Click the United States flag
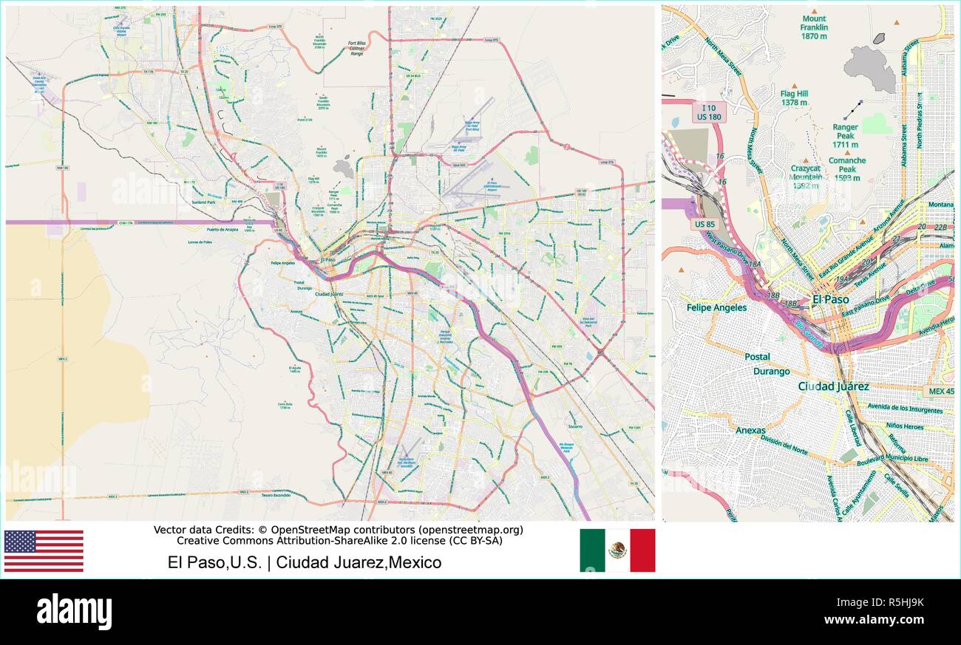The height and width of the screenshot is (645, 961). pyautogui.click(x=44, y=550)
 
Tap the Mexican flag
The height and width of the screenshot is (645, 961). pyautogui.click(x=617, y=550)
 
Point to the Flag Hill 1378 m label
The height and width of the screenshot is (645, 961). pyautogui.click(x=794, y=98)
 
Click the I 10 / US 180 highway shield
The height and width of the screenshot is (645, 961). pyautogui.click(x=710, y=112)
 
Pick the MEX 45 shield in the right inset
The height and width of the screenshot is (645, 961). pyautogui.click(x=939, y=391)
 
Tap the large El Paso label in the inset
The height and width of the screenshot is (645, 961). pyautogui.click(x=830, y=299)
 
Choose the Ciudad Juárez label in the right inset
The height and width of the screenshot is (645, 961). pyautogui.click(x=833, y=386)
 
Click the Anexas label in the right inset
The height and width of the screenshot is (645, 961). pyautogui.click(x=750, y=430)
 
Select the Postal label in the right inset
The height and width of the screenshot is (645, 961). pyautogui.click(x=757, y=357)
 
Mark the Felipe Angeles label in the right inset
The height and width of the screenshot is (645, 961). pyautogui.click(x=716, y=307)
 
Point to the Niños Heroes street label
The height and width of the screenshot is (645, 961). pyautogui.click(x=904, y=426)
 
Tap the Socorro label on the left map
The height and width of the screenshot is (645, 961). pyautogui.click(x=574, y=426)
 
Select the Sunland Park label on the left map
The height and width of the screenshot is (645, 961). pyautogui.click(x=203, y=201)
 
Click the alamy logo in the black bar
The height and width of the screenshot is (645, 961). pyautogui.click(x=74, y=612)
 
